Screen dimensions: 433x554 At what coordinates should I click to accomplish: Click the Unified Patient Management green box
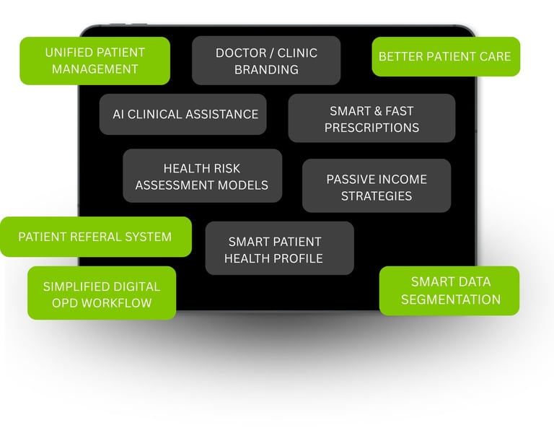pos(94,61)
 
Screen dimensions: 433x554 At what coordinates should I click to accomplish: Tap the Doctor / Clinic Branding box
pos(266,61)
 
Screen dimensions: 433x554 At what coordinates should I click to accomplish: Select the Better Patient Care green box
pos(445,56)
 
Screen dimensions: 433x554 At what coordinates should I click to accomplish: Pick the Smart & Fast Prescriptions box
pos(371,118)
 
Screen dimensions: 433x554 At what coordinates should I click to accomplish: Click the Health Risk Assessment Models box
pos(202,176)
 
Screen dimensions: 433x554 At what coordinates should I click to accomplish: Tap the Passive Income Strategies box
pos(377,186)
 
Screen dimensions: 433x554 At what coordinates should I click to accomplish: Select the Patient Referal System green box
pos(95,237)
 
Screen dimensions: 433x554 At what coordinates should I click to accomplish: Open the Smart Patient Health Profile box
pos(279,249)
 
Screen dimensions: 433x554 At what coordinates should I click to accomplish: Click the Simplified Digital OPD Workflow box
pos(102,293)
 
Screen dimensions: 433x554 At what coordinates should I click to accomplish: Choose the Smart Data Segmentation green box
pos(449,290)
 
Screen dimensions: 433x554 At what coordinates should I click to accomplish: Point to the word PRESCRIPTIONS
pos(371,128)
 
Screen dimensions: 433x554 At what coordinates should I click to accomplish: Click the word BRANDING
pos(266,70)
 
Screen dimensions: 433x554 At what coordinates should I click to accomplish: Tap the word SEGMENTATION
pos(450,299)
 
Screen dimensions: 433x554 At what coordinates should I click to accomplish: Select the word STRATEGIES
pos(377,196)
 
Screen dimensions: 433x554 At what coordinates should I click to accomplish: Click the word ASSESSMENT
pos(171,185)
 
